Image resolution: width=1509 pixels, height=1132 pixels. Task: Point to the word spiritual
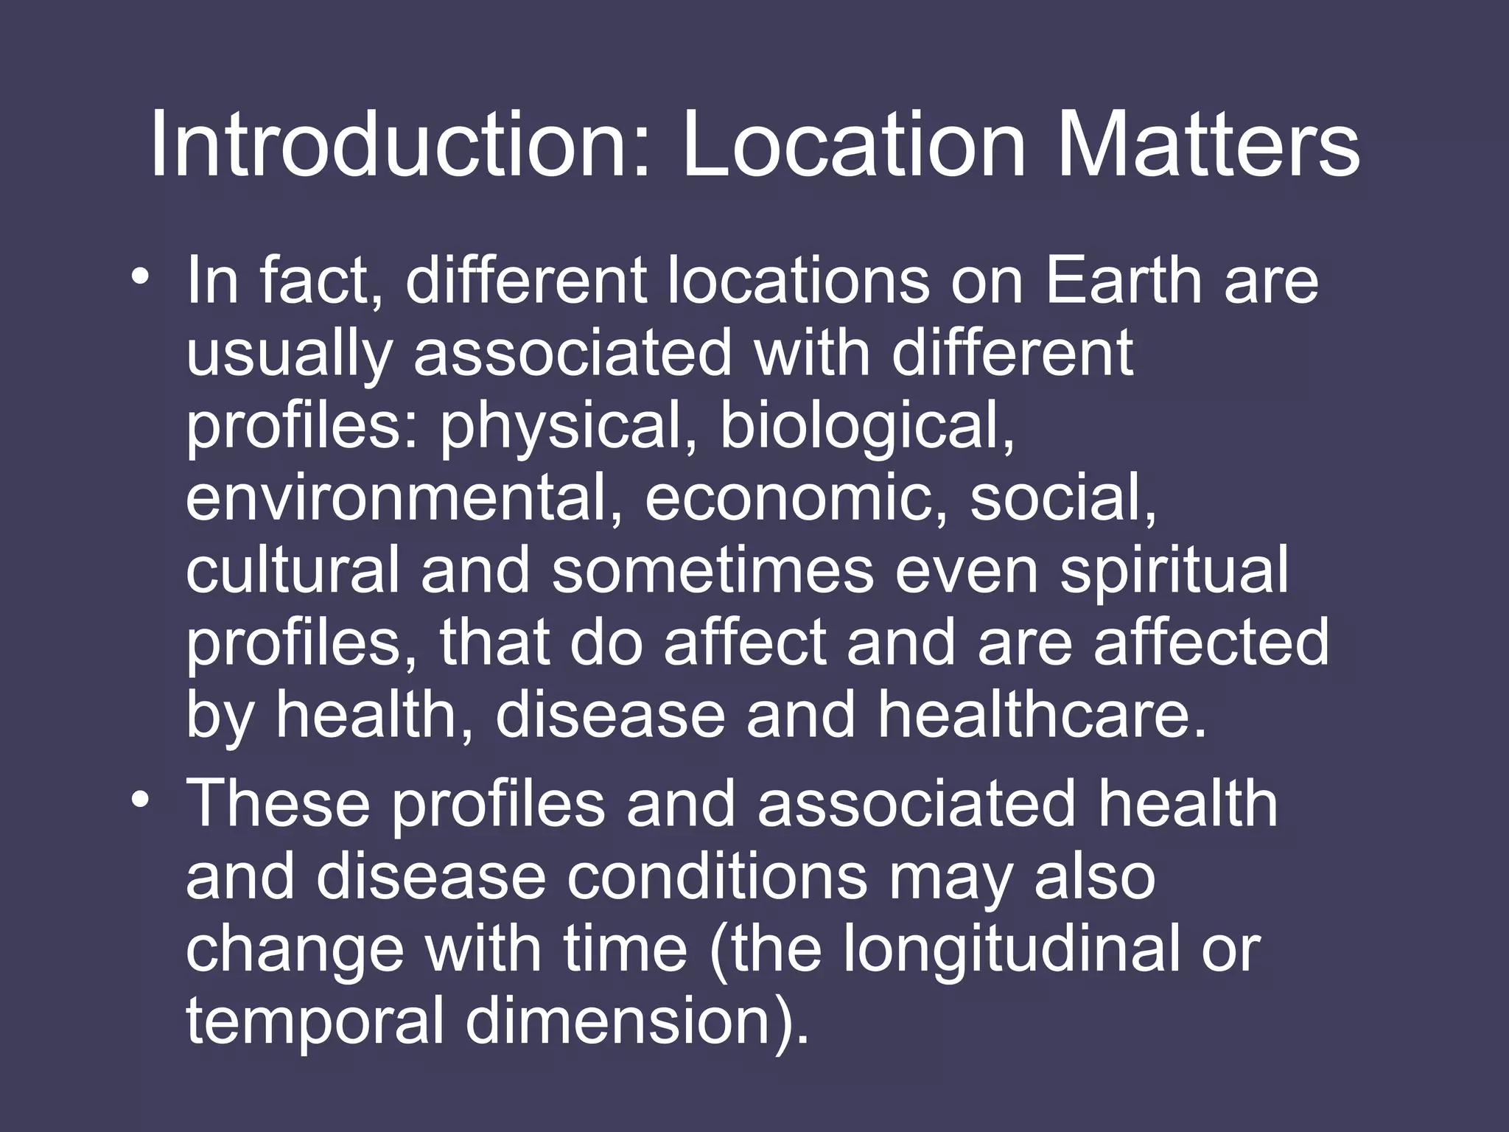coord(1174,570)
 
